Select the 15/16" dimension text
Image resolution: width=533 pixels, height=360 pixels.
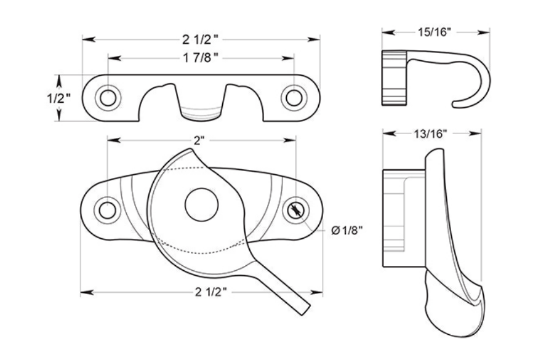435,31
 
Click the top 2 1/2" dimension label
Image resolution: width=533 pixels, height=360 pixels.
200,40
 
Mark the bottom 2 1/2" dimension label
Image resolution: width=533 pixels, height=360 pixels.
201,291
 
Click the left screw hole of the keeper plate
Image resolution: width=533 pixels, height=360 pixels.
107,97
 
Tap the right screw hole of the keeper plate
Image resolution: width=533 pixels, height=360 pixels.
294,97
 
